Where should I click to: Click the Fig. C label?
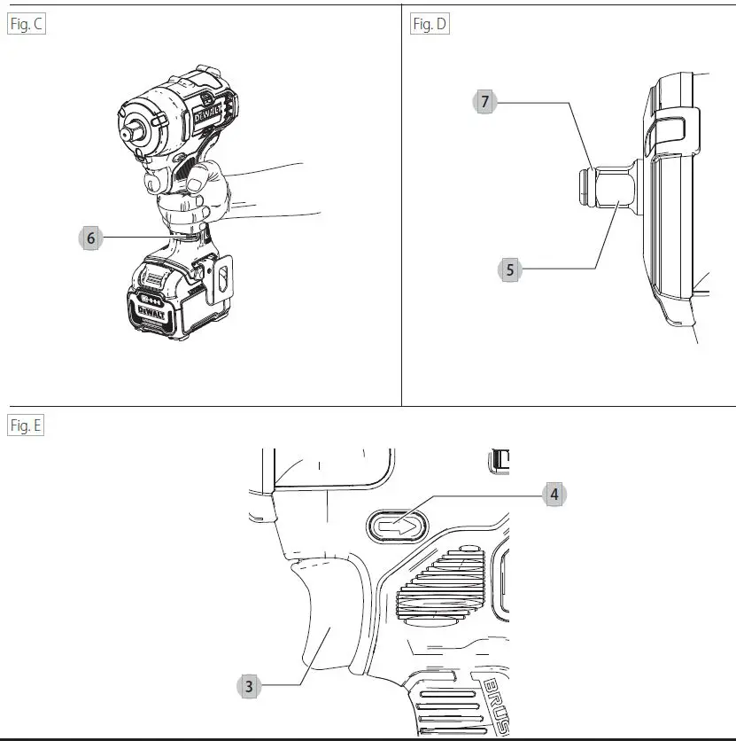tap(26, 25)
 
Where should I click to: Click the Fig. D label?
tap(430, 25)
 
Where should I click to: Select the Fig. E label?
tap(26, 425)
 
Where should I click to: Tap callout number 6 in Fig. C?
tap(90, 238)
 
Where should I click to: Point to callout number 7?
tap(484, 102)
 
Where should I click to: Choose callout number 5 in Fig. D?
tap(509, 269)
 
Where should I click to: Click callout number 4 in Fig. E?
tap(554, 495)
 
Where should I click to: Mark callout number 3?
tap(249, 685)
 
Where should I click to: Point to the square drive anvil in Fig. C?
tap(132, 129)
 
